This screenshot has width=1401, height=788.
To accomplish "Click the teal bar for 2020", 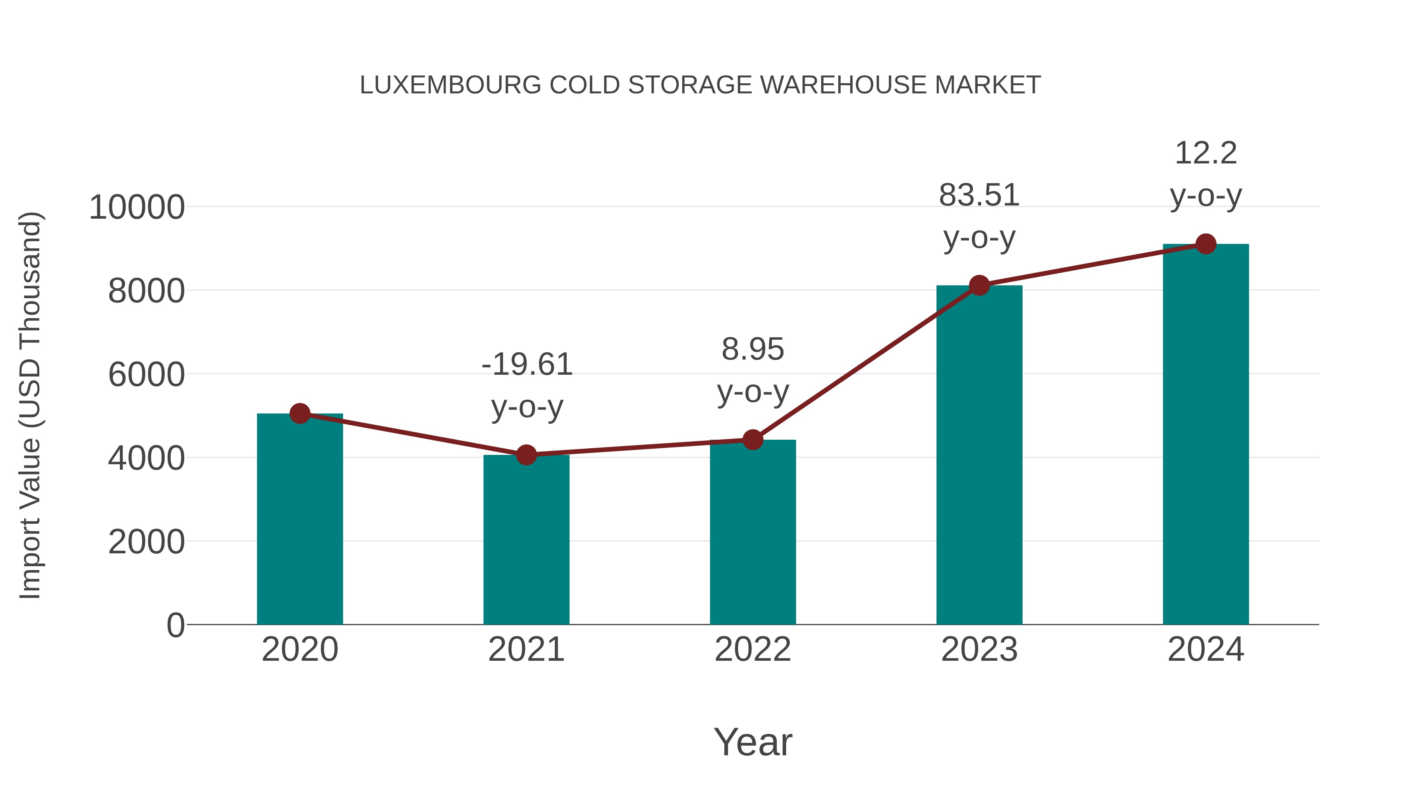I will point(300,519).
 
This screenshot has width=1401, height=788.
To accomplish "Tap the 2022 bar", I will point(753,532).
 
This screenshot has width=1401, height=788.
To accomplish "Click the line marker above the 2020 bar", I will point(300,414).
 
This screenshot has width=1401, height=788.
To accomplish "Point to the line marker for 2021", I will point(526,455).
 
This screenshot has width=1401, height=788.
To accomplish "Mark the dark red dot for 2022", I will point(753,439).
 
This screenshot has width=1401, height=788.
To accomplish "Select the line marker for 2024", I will point(1206,244).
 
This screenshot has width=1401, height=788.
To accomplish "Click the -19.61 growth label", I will point(527,364).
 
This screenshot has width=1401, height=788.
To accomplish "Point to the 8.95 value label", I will point(753,349).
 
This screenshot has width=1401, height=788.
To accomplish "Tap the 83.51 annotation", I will point(979,195).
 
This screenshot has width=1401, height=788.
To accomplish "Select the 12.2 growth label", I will point(1206,153).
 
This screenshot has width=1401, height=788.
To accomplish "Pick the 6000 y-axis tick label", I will point(146,375).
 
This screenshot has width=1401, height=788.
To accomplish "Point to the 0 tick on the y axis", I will point(175,625).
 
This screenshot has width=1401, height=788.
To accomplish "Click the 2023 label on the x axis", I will point(979,649).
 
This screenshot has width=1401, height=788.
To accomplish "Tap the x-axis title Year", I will point(753,742).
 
